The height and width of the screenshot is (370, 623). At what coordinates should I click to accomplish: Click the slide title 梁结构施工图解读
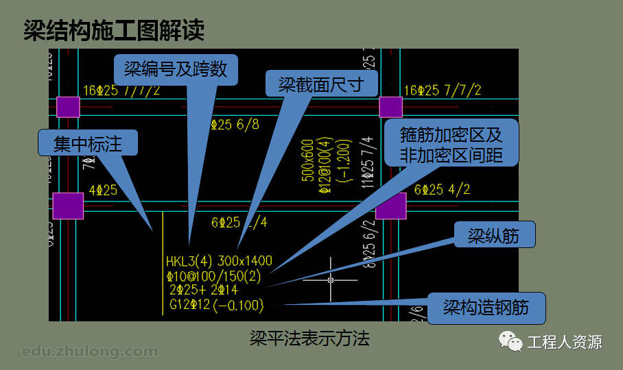pos(114,31)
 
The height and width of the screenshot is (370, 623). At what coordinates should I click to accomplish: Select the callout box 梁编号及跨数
pos(176,70)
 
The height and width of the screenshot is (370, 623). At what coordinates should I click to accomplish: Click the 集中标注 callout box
pos(89,143)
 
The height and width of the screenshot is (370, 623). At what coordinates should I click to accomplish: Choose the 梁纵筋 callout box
pos(493,236)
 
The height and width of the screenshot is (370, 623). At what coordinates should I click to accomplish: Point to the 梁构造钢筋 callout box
pos(486,308)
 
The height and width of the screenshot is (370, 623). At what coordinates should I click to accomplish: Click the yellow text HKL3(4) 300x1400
pos(219,261)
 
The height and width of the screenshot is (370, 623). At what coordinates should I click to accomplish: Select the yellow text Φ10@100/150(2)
pos(213,276)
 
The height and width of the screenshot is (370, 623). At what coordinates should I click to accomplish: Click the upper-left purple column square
pos(68,107)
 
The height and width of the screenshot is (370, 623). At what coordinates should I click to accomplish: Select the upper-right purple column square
pos(391,107)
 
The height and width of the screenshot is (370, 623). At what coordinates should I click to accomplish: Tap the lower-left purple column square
pos(68,206)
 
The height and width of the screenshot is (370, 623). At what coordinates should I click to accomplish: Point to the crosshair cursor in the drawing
pos(331,280)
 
